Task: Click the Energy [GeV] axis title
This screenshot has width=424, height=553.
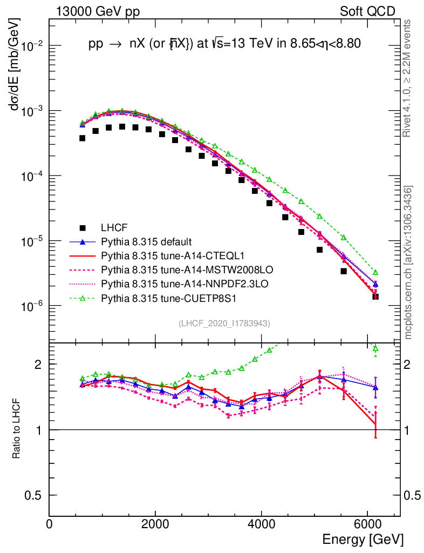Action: click(363, 539)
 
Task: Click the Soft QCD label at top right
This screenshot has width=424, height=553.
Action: click(367, 11)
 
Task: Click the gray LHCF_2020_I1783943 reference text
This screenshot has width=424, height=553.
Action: click(224, 323)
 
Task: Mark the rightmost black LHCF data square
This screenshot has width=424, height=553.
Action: click(375, 296)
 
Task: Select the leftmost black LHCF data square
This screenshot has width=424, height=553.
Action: click(82, 138)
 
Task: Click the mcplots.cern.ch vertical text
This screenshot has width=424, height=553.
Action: click(409, 262)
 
